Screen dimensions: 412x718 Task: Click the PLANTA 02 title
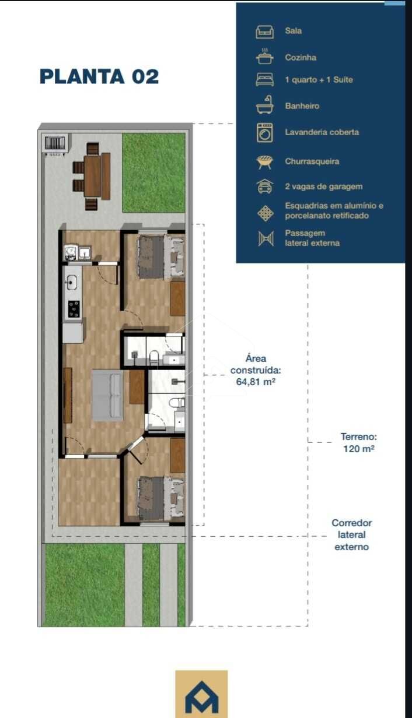coord(99,76)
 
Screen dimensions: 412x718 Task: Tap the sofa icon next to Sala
coord(265,32)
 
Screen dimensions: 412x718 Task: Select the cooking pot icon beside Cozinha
coord(265,57)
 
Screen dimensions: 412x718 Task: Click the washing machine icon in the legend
coord(265,133)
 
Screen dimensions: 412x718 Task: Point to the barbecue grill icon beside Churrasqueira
coord(265,162)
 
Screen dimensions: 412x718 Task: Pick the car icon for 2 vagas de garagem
coord(265,186)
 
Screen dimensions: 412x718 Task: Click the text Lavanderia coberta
coord(322,132)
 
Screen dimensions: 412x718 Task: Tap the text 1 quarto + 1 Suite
coord(319,80)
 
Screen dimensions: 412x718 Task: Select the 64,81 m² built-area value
coord(256,382)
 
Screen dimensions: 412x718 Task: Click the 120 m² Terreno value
coord(359,448)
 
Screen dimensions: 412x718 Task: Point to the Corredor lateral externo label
coord(352,534)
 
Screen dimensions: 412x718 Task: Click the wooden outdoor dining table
coord(93,176)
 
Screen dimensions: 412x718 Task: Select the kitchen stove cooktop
coord(74,309)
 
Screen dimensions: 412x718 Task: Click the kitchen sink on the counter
coord(71,283)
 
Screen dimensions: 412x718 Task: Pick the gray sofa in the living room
coord(108,396)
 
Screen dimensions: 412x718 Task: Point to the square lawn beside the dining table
coord(153,173)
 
